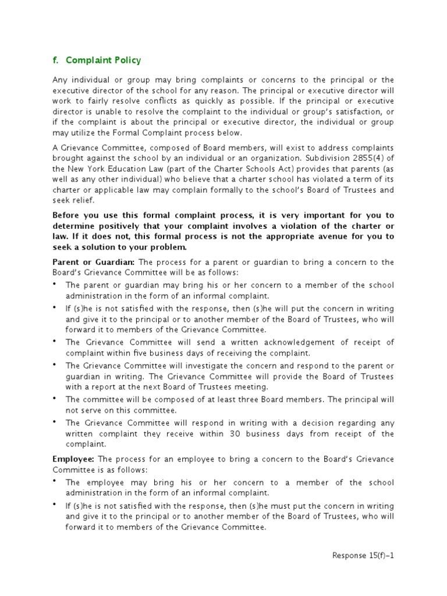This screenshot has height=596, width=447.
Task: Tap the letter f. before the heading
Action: pyautogui.click(x=56, y=61)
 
